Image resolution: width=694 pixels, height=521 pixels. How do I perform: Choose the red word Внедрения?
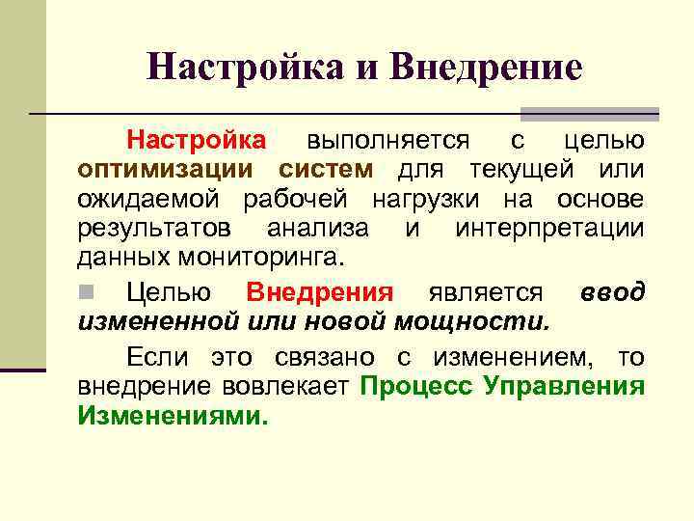320,292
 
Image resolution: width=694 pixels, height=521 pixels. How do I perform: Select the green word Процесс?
417,388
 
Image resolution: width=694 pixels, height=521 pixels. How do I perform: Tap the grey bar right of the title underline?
589,114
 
